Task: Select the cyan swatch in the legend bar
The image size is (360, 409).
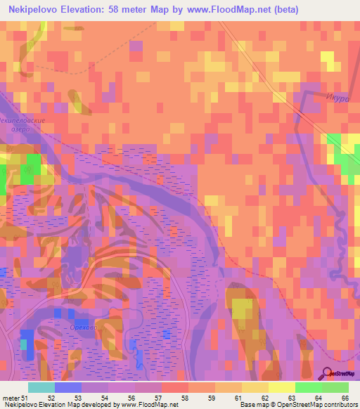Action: pyautogui.click(x=41, y=387)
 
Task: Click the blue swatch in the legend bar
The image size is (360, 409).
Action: pyautogui.click(x=68, y=387)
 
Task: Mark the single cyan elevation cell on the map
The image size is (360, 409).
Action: pyautogui.click(x=25, y=344)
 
